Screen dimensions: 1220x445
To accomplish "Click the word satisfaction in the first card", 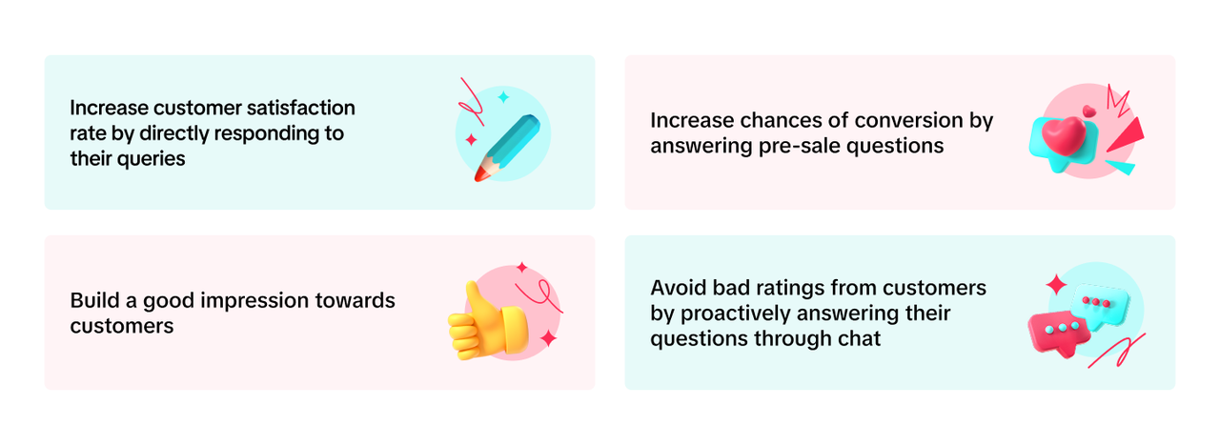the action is [300, 108].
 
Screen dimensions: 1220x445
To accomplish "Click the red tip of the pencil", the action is [480, 174].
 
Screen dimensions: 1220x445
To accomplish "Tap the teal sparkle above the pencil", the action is [504, 97].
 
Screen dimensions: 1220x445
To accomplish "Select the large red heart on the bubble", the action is [1063, 135].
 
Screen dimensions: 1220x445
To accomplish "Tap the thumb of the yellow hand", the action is [475, 298].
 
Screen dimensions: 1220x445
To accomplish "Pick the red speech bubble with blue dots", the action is [1058, 333].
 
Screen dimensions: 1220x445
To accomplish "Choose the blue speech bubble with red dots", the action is [1100, 306].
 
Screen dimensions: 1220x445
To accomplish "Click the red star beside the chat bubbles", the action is [1056, 284].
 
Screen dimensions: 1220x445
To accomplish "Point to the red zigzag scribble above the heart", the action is [1118, 101].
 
